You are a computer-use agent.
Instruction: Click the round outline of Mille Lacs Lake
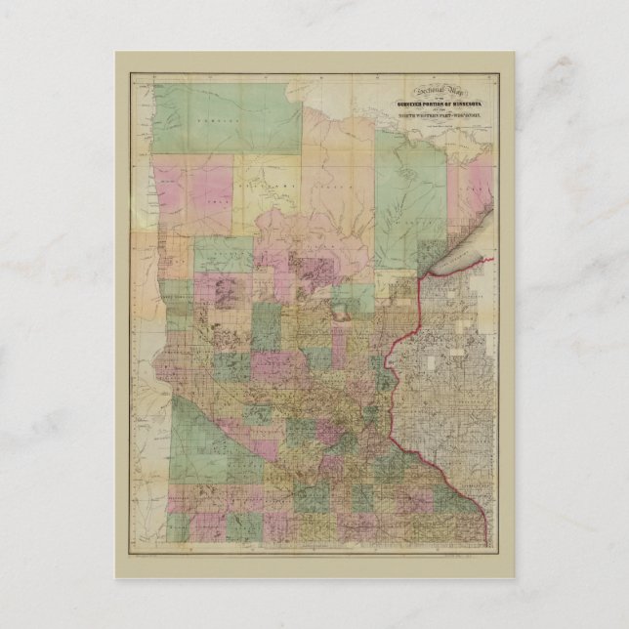(x=341, y=314)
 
